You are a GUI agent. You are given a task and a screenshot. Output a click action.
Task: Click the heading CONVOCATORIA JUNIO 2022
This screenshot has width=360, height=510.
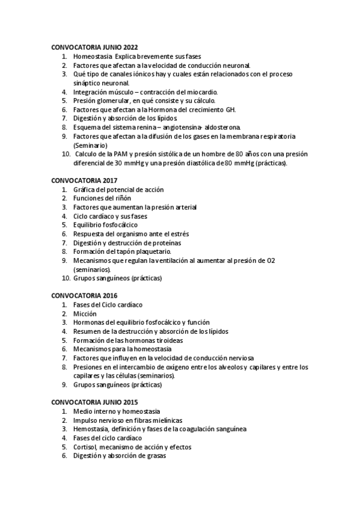pos(94,46)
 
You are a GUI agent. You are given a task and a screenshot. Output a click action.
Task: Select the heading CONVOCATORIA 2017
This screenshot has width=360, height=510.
pos(84,180)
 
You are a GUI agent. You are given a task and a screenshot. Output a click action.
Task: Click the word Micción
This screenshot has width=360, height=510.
pos(85,313)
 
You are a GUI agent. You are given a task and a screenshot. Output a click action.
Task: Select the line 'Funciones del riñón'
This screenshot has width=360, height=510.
pos(102,198)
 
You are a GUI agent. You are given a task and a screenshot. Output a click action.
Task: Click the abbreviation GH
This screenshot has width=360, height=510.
pos(230,109)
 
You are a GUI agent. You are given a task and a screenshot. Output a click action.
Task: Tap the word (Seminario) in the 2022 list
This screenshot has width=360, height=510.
pos(90,145)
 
